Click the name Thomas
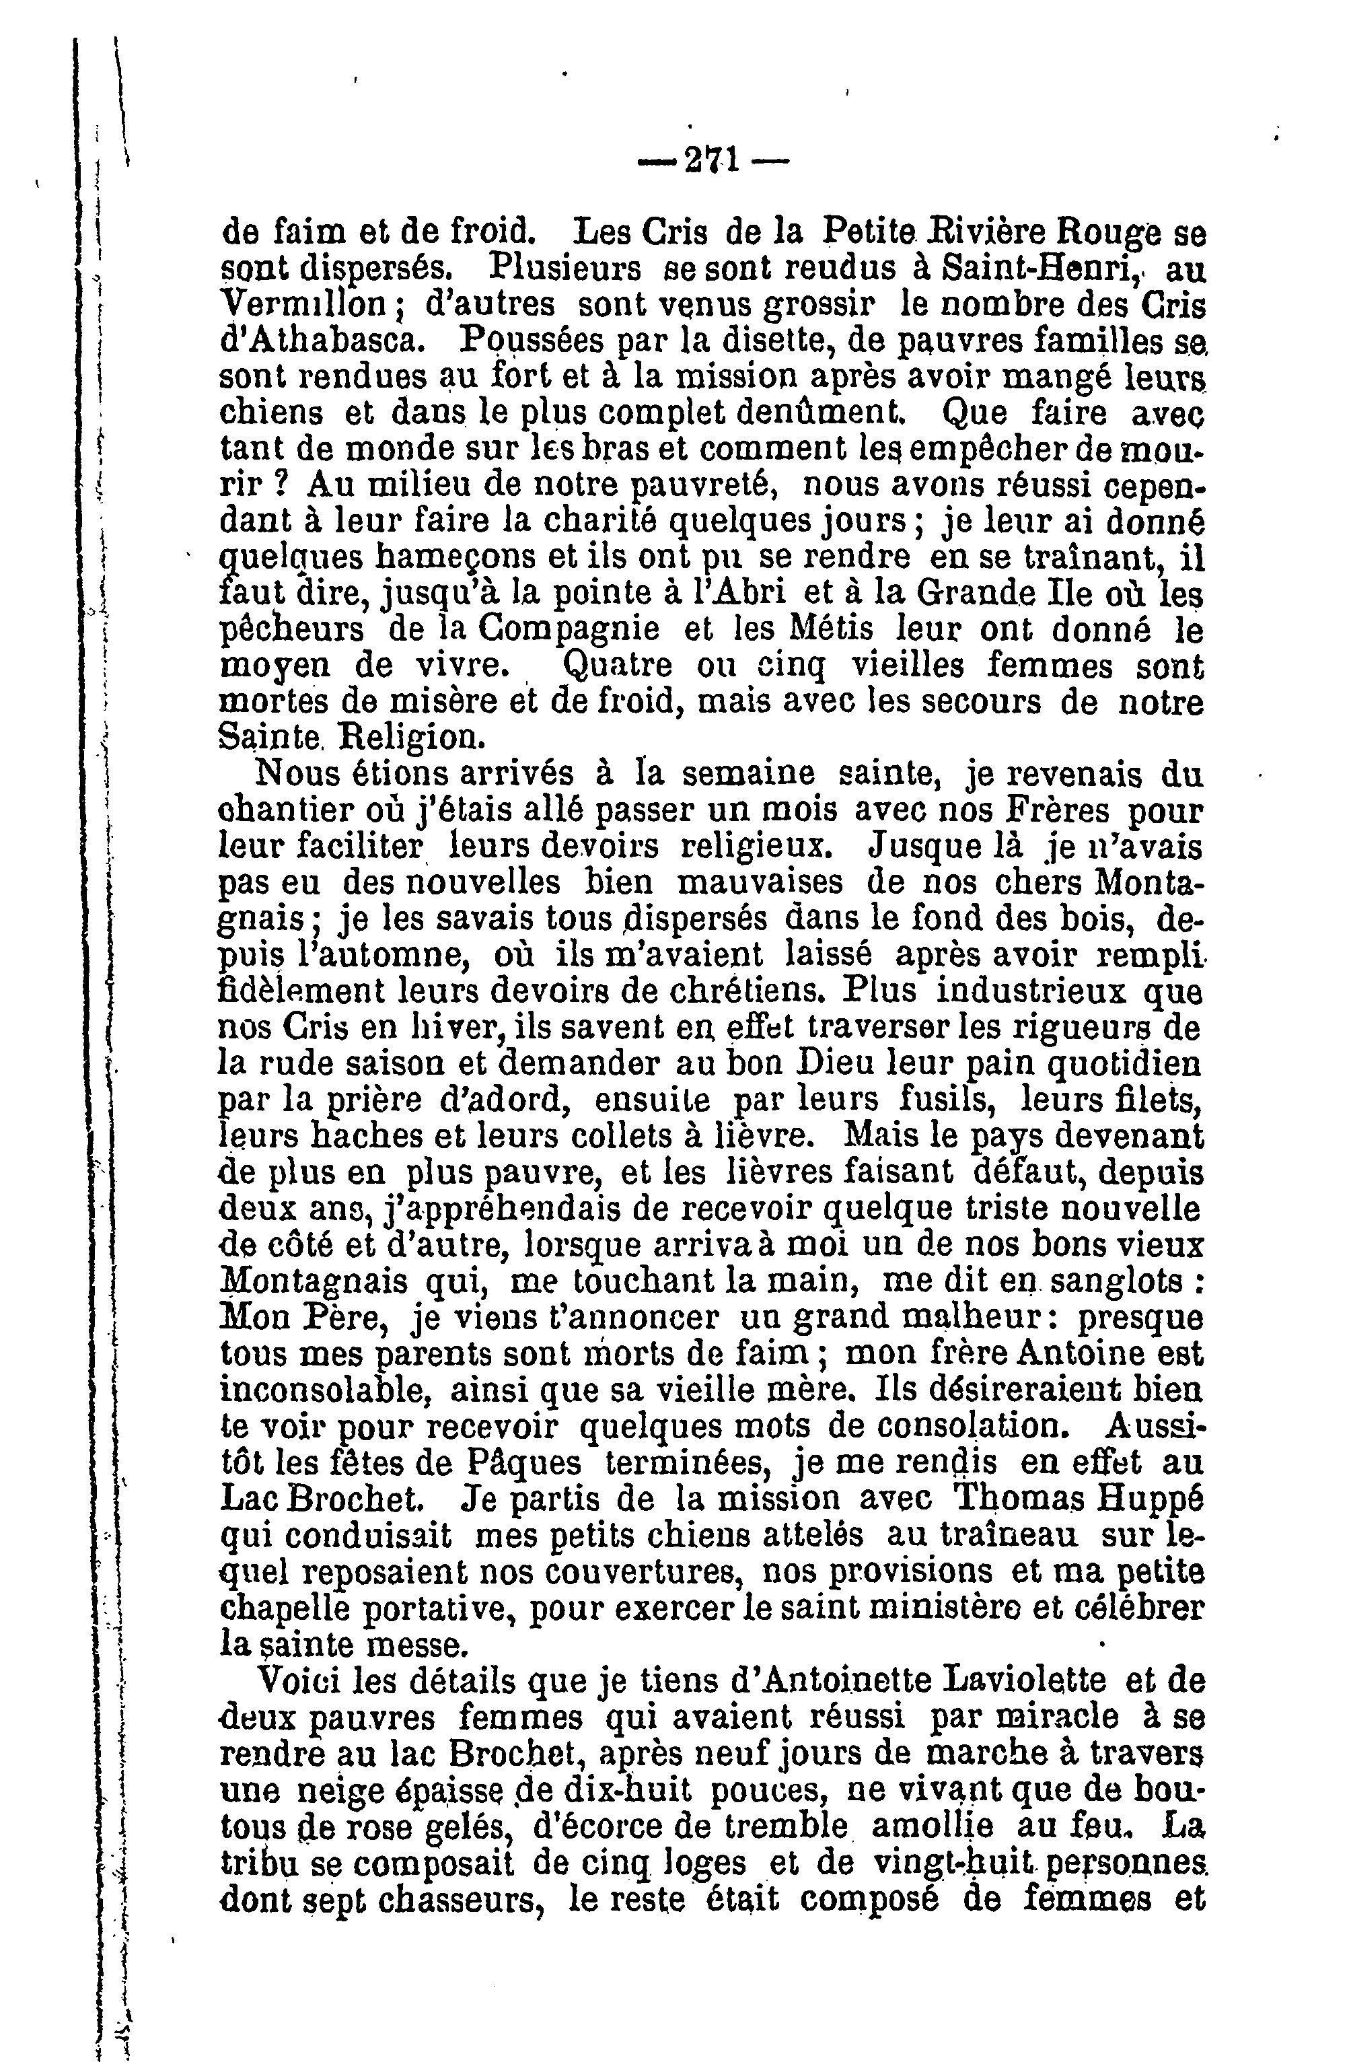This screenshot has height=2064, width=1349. click(x=1021, y=1499)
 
